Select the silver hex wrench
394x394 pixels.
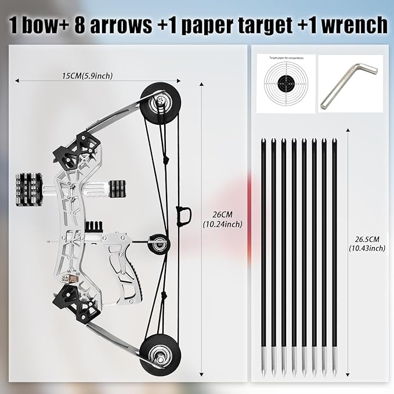pos(349,82)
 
